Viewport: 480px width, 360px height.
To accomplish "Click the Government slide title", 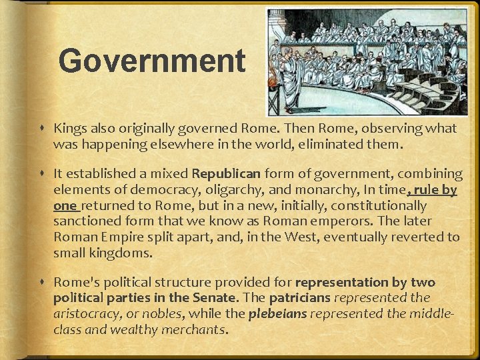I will (152, 61).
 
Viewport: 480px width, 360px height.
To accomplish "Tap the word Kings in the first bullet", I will (69, 128).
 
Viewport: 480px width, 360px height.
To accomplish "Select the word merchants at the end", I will (195, 329).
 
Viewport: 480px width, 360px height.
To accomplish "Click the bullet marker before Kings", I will (42, 129).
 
